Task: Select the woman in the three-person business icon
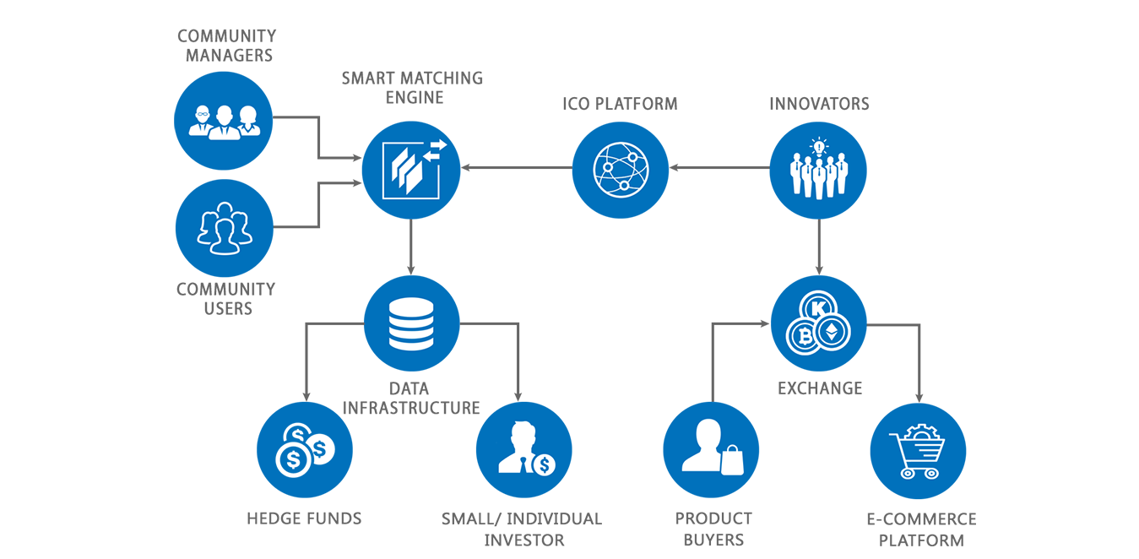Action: (x=248, y=121)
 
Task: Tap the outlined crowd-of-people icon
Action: (x=224, y=228)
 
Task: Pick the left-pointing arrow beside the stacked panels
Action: (x=431, y=157)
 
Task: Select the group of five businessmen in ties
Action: (x=817, y=176)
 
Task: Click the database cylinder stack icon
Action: (x=411, y=324)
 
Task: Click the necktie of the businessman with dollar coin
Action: (x=523, y=462)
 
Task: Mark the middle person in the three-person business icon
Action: (x=224, y=121)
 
